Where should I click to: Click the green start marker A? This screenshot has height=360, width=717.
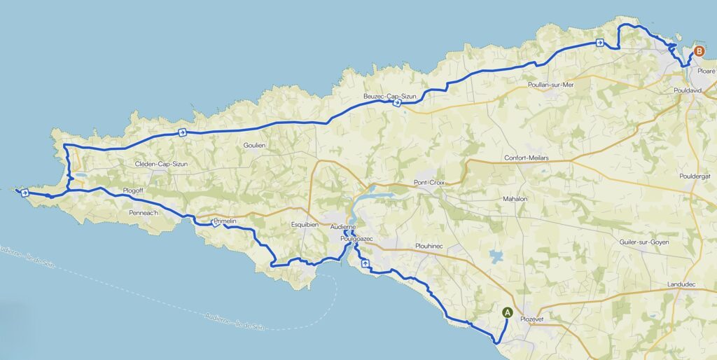[508, 313]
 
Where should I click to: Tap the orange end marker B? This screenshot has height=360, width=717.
[698, 51]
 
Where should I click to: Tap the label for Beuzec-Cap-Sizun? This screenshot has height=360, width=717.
[389, 95]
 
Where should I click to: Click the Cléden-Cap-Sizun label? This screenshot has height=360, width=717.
[162, 165]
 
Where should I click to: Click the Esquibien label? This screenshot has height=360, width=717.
[305, 225]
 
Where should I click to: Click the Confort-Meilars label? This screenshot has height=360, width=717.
[527, 158]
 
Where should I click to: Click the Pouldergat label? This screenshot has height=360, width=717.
[695, 176]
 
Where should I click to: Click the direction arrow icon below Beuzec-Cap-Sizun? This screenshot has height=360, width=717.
[397, 103]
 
